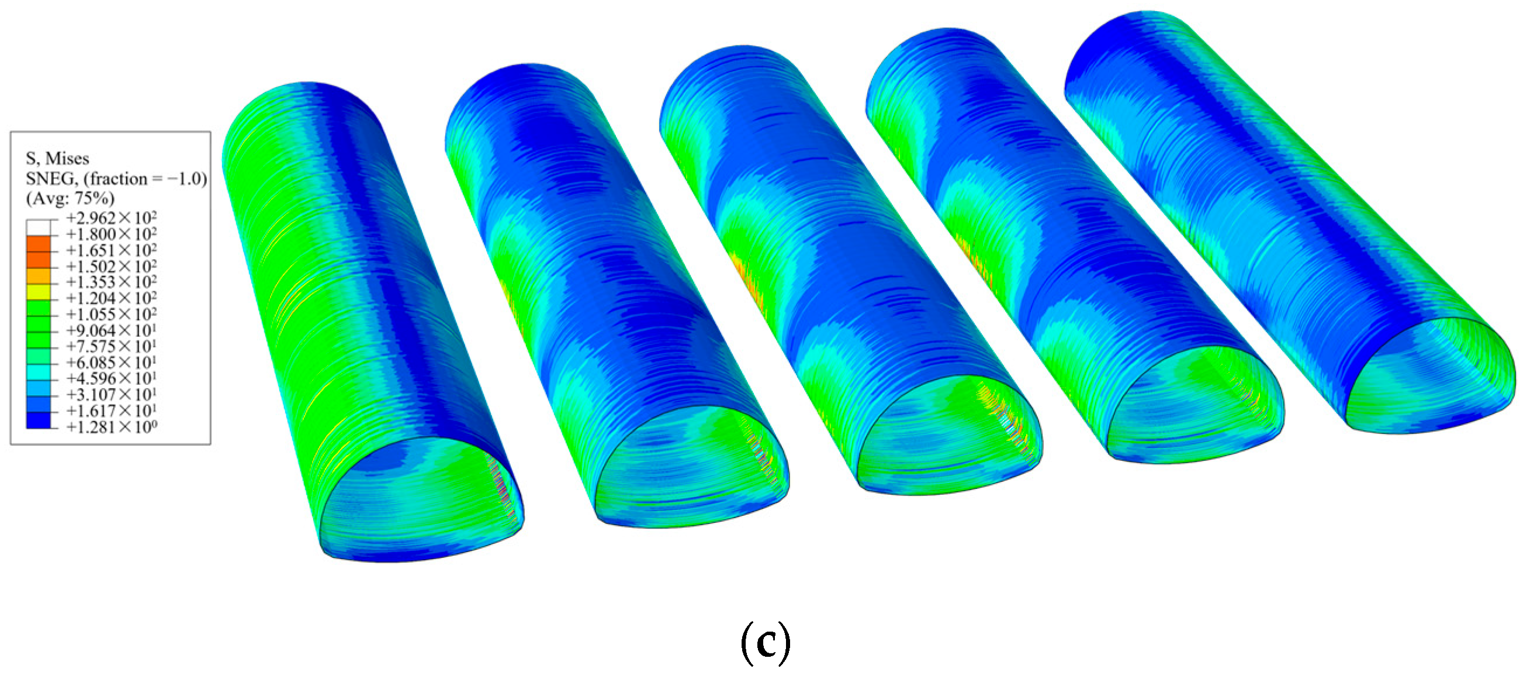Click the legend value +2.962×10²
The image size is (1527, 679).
(112, 218)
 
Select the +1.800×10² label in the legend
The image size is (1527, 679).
(112, 234)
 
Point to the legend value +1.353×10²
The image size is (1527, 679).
(112, 282)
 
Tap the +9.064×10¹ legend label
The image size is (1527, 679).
(112, 330)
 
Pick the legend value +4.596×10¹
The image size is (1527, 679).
(112, 378)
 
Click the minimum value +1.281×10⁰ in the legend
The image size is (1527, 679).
(112, 426)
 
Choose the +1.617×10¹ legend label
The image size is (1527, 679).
(112, 411)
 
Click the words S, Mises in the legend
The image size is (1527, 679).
(57, 158)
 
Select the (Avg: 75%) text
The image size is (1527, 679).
(70, 198)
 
